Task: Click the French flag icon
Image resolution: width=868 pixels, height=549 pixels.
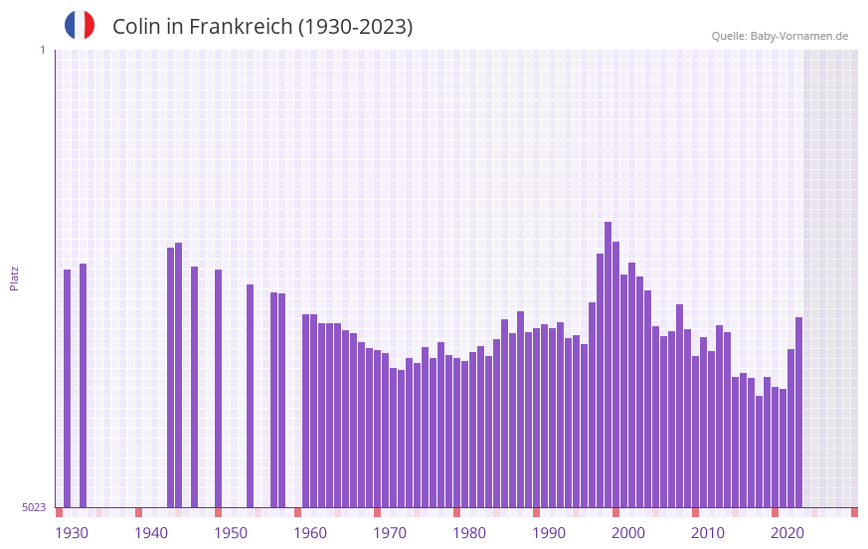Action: [x=80, y=26]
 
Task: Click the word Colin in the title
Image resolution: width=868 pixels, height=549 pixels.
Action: [x=136, y=27]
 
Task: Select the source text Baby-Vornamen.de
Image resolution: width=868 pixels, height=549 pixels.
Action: [x=799, y=36]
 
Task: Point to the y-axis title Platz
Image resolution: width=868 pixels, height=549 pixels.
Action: [x=14, y=277]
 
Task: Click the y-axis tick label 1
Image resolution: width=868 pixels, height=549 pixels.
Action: [x=42, y=50]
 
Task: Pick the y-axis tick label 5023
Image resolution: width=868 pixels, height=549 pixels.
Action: [x=34, y=507]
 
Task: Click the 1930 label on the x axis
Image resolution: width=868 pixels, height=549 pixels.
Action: [x=72, y=533]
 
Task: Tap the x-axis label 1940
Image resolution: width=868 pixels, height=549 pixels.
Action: [x=151, y=533]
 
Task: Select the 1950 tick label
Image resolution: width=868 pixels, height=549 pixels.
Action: [x=231, y=533]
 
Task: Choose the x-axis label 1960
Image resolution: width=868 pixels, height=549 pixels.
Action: [x=310, y=533]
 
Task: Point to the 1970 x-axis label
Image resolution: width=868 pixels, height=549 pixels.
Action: [x=390, y=533]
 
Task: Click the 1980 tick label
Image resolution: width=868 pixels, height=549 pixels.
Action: [x=469, y=533]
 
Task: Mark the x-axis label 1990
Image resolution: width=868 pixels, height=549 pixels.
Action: [x=549, y=533]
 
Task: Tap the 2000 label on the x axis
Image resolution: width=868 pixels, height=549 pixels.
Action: [x=628, y=533]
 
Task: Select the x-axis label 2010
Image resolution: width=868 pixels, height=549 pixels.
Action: [x=708, y=533]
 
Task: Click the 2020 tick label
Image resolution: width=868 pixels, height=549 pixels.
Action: [x=787, y=533]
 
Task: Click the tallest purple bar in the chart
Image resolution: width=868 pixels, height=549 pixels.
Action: [x=608, y=364]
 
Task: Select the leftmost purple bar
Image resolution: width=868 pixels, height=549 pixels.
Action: [x=68, y=388]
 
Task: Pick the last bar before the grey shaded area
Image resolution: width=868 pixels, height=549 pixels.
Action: [x=798, y=412]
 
